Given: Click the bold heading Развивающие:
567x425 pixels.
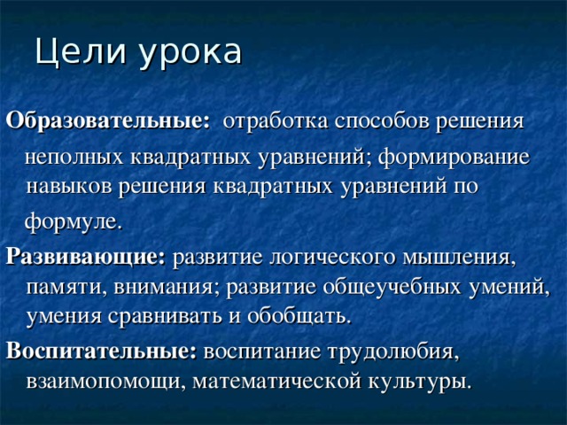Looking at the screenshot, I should click(86, 259).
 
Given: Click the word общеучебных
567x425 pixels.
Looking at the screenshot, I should click(396, 288).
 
